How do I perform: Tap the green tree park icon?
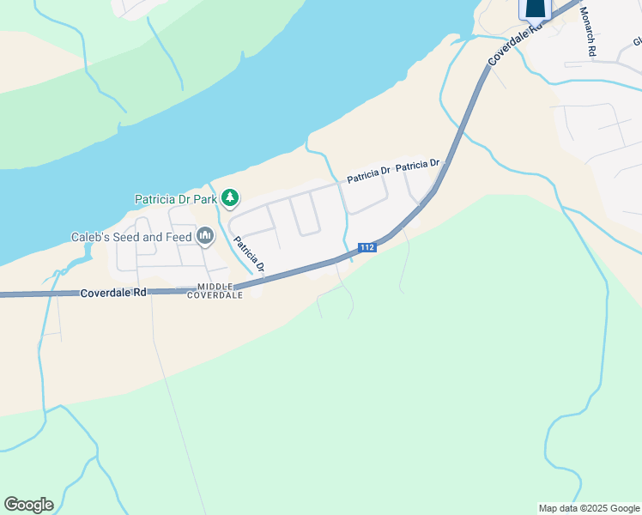[229, 198]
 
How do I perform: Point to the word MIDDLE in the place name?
[215, 287]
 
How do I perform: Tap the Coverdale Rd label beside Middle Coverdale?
[114, 293]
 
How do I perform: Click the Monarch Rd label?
[588, 32]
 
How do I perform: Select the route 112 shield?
[366, 247]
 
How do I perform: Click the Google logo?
[28, 505]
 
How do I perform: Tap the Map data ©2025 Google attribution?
[589, 509]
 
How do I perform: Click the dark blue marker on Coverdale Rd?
[535, 8]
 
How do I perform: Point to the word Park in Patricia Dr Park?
[204, 199]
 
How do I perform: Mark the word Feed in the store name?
[178, 237]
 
